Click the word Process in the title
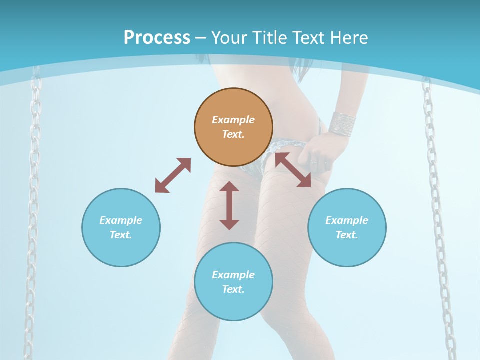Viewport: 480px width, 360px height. tap(157, 38)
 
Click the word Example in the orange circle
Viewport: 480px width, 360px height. tap(233, 120)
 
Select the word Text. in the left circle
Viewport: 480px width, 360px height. tap(121, 235)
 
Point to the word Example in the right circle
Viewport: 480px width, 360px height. tap(347, 220)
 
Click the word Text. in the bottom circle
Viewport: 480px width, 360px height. tap(233, 289)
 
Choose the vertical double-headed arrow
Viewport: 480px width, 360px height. tap(229, 205)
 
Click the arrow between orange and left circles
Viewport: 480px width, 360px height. tap(173, 175)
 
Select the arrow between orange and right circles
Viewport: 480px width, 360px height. tap(293, 170)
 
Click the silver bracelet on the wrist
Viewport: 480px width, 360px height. tap(342, 122)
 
